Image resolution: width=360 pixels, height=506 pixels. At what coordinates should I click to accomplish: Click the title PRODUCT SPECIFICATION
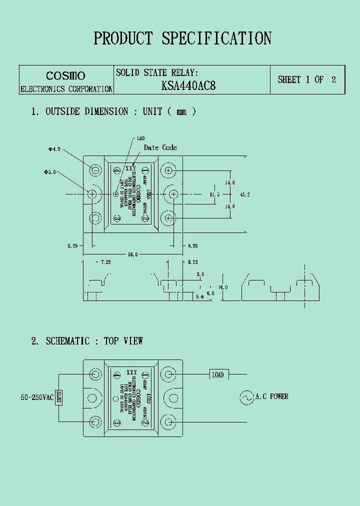coord(182,38)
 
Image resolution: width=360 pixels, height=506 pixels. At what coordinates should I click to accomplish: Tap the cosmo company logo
coord(65,75)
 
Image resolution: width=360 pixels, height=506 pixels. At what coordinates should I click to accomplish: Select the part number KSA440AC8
coord(188,85)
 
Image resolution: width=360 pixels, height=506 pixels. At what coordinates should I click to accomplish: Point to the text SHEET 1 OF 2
coord(306,79)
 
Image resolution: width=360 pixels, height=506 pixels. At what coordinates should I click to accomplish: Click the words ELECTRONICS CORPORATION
coord(66,89)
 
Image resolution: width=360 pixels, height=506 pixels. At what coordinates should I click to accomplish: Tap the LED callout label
coord(140,138)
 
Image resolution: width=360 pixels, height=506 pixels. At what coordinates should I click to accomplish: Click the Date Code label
coord(160,147)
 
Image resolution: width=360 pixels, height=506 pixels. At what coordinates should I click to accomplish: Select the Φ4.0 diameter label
coord(54,149)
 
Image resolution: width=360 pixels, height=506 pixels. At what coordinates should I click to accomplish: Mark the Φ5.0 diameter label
coord(50,172)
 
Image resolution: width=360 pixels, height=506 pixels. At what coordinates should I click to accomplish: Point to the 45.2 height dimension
coord(244,194)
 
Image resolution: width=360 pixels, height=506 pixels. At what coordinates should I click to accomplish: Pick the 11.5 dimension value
coord(215,194)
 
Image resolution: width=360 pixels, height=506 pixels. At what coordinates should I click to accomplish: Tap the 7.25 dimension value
coord(105,262)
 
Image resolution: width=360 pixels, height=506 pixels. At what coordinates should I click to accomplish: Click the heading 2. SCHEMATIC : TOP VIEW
coord(87,341)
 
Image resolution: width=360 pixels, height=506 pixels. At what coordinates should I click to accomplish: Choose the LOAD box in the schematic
coord(218,374)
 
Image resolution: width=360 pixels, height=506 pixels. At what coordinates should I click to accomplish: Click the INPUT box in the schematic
coord(59,397)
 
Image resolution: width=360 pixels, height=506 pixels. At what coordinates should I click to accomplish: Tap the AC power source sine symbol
coord(246,397)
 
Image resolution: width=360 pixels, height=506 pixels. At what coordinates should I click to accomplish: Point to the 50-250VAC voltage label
coord(36,397)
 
